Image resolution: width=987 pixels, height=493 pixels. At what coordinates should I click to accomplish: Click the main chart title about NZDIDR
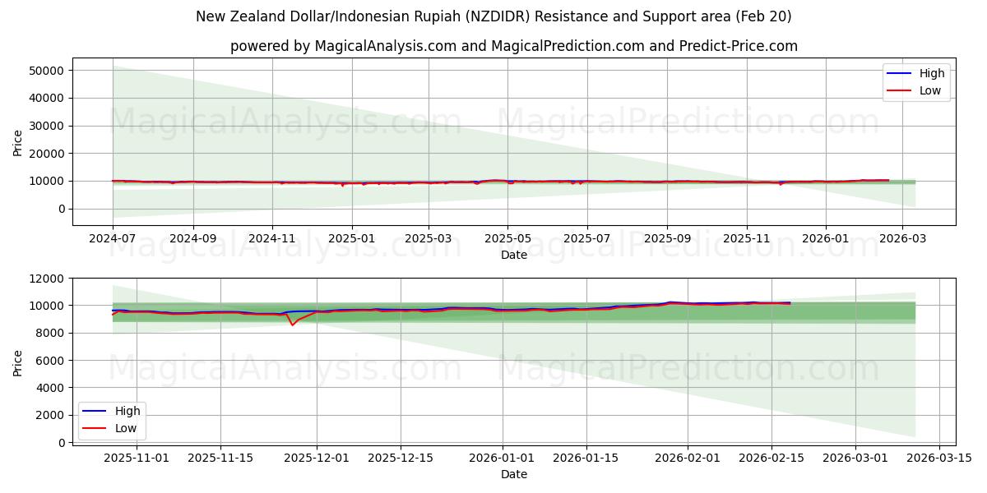493,16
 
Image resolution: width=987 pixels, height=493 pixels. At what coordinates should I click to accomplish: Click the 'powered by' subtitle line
513,46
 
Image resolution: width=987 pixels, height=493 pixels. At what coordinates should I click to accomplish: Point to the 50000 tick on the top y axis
48,71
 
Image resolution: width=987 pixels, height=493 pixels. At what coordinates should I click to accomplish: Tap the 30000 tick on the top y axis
48,126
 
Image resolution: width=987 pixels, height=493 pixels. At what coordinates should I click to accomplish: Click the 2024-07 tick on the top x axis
113,239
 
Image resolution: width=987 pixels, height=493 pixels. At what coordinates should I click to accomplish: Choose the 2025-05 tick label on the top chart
507,239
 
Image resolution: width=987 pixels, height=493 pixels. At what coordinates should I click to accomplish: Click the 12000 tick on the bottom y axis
48,279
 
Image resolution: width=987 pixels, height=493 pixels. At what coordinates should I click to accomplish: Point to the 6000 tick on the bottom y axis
51,360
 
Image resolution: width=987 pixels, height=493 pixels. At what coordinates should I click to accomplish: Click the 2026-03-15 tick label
938,457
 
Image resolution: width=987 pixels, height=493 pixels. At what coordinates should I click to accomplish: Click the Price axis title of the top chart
18,142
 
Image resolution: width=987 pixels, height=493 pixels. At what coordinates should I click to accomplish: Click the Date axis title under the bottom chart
513,474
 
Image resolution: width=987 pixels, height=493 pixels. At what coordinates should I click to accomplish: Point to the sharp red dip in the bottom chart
292,325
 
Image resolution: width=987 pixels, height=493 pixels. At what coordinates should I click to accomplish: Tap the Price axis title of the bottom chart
18,362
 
